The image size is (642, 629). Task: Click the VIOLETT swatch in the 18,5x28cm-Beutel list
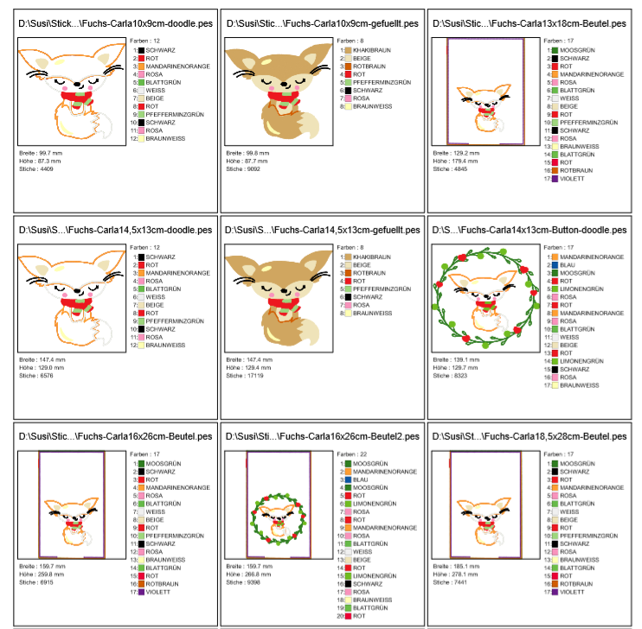pyautogui.click(x=550, y=592)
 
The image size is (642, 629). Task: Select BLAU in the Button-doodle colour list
pyautogui.click(x=550, y=265)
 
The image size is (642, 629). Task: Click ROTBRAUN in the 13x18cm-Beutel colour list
pyautogui.click(x=550, y=170)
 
